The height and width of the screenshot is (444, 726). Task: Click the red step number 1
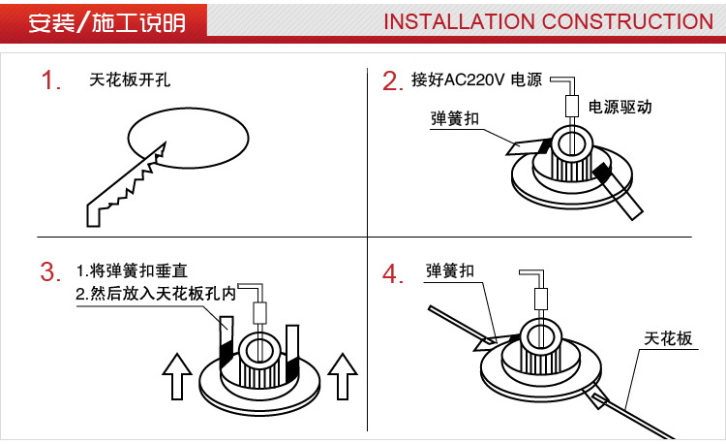pos(51,80)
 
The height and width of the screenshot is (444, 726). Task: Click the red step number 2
pos(391,81)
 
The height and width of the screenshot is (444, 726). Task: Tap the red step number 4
pos(391,274)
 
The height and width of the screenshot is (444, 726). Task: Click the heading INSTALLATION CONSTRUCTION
pos(548,21)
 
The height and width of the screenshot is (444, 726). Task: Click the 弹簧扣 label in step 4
pos(450,271)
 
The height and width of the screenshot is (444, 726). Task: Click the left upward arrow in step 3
pos(176,376)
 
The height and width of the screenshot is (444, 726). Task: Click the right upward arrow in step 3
pos(343,376)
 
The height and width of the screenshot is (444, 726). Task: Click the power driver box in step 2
pos(572,107)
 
